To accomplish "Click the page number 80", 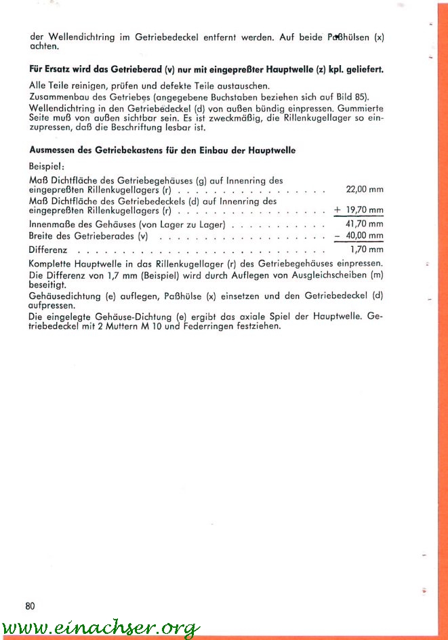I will coord(30,605).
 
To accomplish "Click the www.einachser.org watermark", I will coord(100,628).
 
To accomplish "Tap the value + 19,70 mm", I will coord(359,210).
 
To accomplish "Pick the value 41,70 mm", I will coord(365,224).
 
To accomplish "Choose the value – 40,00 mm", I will coord(359,236).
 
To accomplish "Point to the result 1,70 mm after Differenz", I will coord(367,249).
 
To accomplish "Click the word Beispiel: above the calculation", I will coord(46,165).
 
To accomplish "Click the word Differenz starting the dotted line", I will coord(47,249).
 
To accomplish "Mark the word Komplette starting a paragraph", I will coord(51,263).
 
